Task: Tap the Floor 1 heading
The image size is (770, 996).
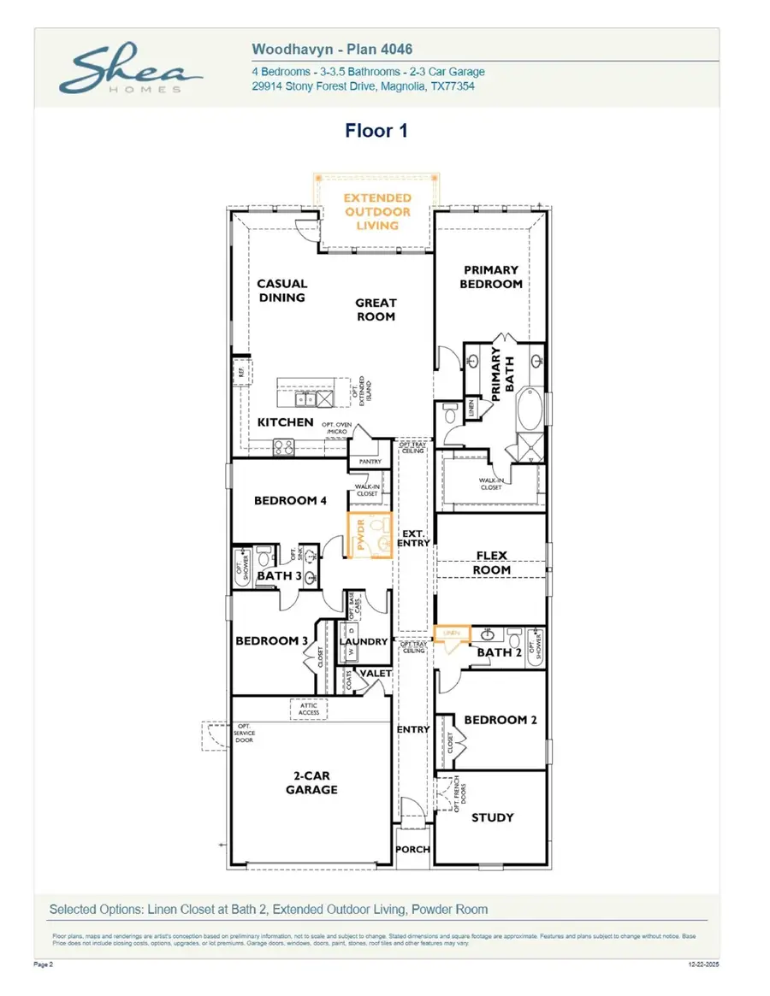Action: pyautogui.click(x=376, y=131)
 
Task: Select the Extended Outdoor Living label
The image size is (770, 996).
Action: pyautogui.click(x=377, y=211)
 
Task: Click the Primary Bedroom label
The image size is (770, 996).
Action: pyautogui.click(x=491, y=277)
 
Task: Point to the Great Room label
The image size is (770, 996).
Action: pyautogui.click(x=376, y=309)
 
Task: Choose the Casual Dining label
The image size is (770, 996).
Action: pyautogui.click(x=281, y=291)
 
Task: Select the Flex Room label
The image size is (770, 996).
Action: pyautogui.click(x=492, y=563)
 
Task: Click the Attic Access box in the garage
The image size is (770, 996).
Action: pyautogui.click(x=308, y=709)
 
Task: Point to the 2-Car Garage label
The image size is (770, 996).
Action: pyautogui.click(x=311, y=783)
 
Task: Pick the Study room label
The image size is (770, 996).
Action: pyautogui.click(x=493, y=817)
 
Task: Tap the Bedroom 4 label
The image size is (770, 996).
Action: pyautogui.click(x=290, y=501)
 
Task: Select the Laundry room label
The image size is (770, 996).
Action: pyautogui.click(x=364, y=642)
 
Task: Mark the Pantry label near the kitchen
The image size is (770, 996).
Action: pyautogui.click(x=370, y=462)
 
